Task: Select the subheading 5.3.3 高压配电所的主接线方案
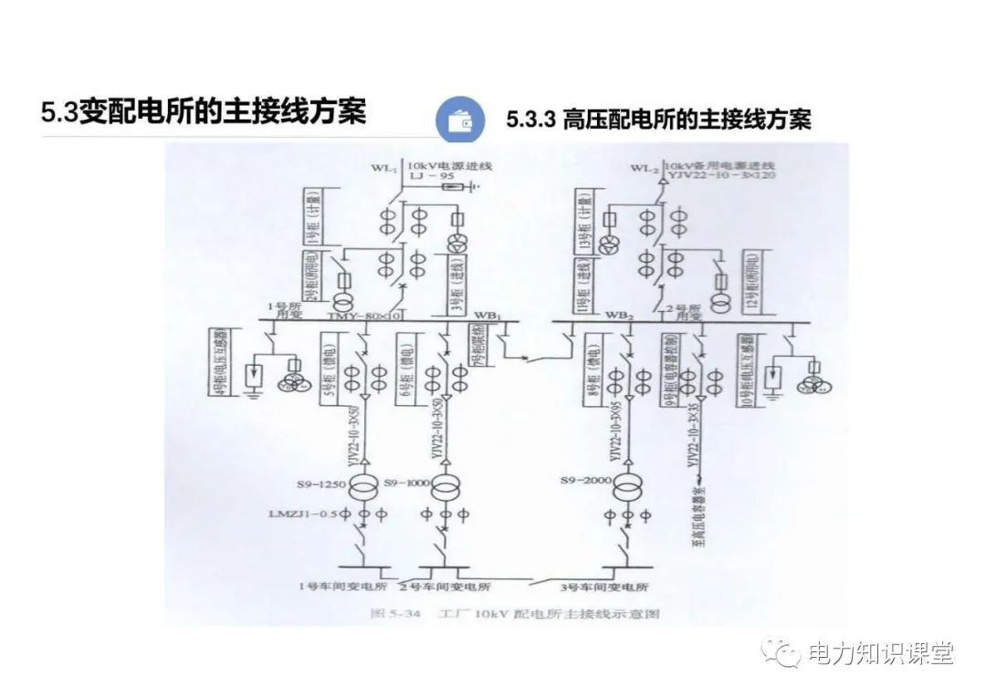657,120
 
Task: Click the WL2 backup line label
645,168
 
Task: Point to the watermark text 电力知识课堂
882,653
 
